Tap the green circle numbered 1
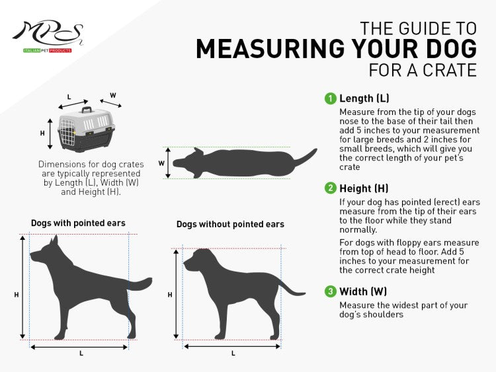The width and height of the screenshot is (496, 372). point(330,98)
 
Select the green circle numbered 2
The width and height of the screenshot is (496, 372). point(330,188)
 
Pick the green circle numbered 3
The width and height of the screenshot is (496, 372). point(330,291)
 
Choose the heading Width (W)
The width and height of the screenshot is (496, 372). point(363,291)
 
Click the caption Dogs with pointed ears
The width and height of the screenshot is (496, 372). point(78,223)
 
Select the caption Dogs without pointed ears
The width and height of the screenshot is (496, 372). point(230,224)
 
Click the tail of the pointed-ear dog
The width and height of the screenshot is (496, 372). point(140,285)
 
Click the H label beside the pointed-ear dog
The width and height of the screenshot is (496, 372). point(17,295)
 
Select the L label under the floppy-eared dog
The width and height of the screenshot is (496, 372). point(233,353)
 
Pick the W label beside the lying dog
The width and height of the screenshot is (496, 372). point(161,163)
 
